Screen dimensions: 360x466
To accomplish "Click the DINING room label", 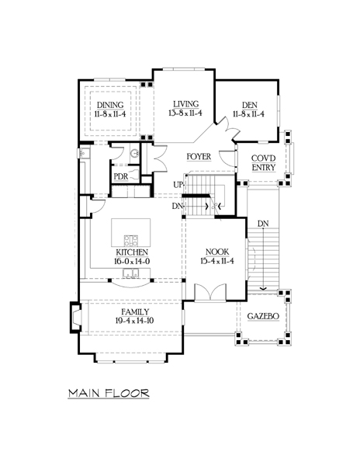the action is [110, 105].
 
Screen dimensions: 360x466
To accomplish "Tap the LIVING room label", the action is [186, 104].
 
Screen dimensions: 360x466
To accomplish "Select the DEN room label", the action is [250, 105].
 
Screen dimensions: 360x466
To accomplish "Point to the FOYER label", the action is [199, 157].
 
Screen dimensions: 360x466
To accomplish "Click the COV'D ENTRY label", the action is [264, 163].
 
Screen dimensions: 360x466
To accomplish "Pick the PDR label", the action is [121, 176].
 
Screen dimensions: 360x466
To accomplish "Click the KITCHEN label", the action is [132, 252].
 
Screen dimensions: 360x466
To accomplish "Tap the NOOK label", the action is [217, 252].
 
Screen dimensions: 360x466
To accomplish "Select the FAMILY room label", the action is [135, 312].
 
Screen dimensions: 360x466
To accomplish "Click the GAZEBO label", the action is [263, 316].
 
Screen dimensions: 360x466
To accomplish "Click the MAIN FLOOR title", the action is [109, 393].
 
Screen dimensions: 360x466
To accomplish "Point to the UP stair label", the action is [178, 185].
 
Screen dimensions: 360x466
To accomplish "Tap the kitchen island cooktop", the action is [131, 241].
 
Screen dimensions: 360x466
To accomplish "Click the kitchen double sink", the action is [131, 273].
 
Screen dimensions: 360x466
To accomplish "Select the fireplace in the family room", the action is [75, 318].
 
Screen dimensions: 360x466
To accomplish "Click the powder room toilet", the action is [135, 175].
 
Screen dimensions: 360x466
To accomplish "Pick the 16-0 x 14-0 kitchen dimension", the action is [132, 262].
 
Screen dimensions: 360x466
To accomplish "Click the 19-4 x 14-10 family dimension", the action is [135, 321].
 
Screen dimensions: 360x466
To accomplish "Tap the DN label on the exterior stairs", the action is [263, 224].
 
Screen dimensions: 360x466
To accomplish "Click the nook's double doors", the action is [210, 292].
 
